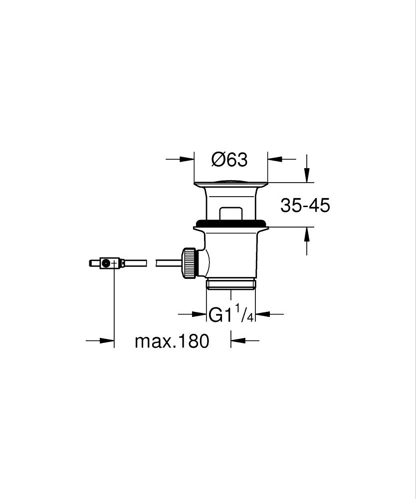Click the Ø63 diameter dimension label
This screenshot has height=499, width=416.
pos(229,160)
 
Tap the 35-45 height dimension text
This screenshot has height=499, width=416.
pos(305,205)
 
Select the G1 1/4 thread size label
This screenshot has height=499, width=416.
pos(231,314)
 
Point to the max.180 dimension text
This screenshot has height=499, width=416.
pos(172,342)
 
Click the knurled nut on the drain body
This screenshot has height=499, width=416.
pos(190,263)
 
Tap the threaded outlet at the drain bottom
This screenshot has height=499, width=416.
pos(230,284)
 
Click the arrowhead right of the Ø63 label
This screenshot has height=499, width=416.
pos(274,159)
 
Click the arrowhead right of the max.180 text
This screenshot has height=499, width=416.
pos(236,341)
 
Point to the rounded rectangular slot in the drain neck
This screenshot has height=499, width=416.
pos(230,212)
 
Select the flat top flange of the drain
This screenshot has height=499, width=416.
pos(230,183)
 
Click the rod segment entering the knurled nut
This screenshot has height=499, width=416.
pos(170,262)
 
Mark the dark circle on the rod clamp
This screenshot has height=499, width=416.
pos(105,263)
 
